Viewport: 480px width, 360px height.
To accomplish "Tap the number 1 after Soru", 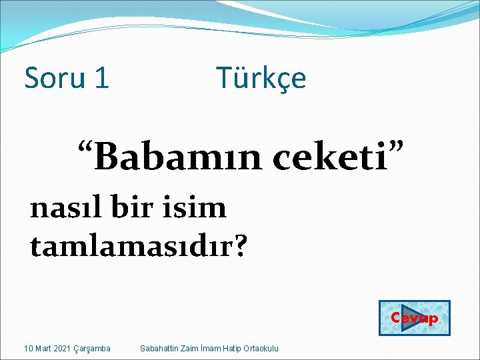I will click(x=102, y=79).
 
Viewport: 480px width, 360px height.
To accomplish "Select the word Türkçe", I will click(x=261, y=79).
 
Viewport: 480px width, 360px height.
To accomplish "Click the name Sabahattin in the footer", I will click(x=157, y=349).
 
